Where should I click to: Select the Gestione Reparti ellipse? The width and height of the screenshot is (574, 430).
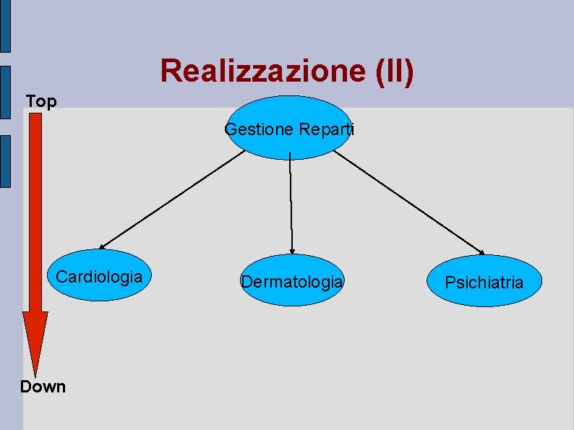289,127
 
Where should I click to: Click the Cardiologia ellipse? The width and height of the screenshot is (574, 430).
99,275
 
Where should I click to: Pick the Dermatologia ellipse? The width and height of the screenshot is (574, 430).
292,280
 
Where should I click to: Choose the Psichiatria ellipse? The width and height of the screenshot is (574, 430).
484,281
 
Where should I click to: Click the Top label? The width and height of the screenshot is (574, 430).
40,102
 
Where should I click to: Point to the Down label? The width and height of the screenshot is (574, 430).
43,387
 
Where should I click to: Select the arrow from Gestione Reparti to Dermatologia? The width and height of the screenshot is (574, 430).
291,202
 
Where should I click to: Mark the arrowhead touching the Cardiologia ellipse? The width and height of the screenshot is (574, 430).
102,247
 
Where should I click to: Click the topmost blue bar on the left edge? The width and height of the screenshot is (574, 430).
5,26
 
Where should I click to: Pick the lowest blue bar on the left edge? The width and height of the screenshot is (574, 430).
5,160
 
